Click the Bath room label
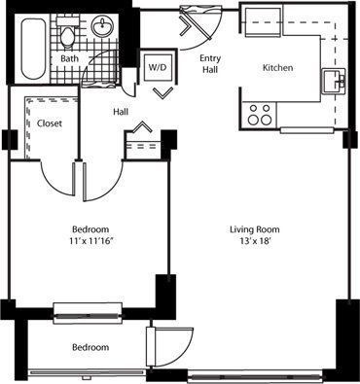point(70,58)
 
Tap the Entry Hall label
point(210,64)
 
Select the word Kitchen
point(278,68)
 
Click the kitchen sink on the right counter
point(337,81)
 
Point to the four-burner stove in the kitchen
point(260,113)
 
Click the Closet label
point(50,122)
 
